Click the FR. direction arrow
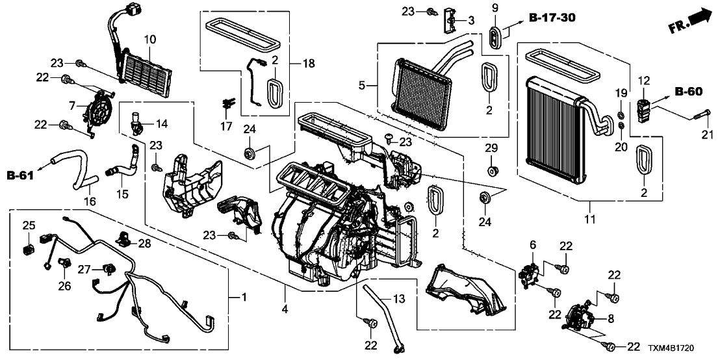(x=690, y=21)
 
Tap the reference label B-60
(x=689, y=93)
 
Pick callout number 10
(x=150, y=40)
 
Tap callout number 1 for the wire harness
(x=244, y=298)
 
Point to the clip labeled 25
(x=29, y=248)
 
